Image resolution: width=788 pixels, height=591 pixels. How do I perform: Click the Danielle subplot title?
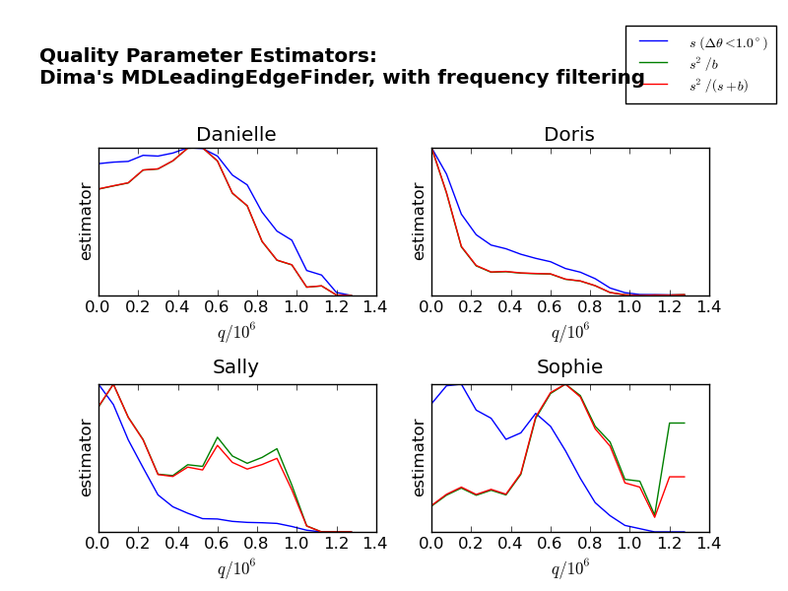[235, 135]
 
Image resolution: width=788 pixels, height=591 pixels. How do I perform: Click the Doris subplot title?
[568, 135]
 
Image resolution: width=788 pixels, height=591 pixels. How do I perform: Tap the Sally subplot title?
[235, 367]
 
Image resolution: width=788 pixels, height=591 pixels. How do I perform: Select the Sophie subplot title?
[569, 367]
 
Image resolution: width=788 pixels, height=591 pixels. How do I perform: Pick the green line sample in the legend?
[654, 63]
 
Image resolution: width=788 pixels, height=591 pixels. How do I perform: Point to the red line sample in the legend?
[654, 85]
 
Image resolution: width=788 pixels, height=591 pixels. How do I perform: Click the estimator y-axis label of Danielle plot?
[86, 222]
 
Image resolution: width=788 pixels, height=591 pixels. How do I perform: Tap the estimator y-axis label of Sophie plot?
[420, 458]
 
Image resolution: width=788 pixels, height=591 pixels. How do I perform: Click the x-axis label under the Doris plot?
[569, 333]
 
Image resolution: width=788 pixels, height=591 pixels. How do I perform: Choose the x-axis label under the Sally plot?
[235, 569]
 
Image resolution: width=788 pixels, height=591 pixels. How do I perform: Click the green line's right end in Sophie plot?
[685, 423]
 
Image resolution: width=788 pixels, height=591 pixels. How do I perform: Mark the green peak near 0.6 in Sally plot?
[217, 437]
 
